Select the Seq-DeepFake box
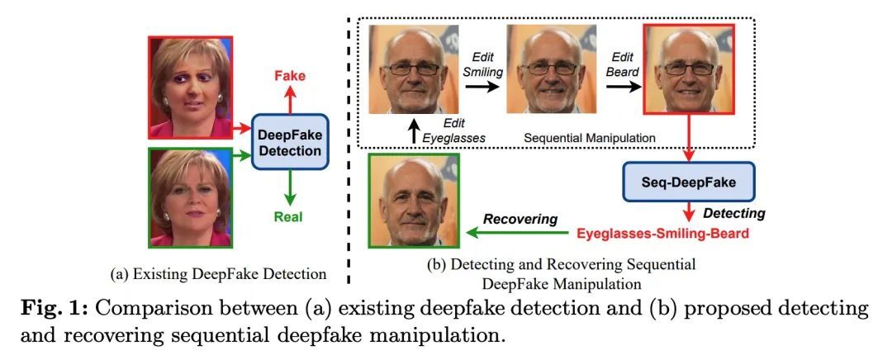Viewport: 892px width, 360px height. tap(678, 178)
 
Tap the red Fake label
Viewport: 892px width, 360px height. tap(289, 77)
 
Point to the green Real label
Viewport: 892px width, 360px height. tap(289, 218)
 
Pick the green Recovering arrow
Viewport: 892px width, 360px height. tap(516, 234)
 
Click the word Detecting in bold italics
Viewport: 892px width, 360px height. tap(732, 213)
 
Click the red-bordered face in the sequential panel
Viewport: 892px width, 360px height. tap(683, 72)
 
